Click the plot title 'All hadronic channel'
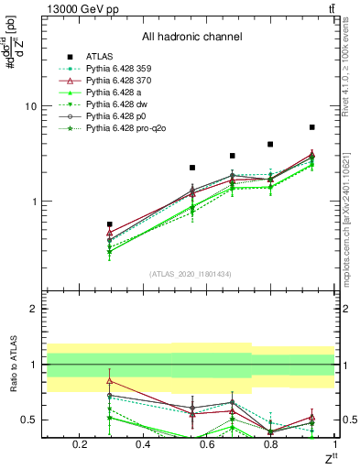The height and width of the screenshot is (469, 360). (x=191, y=37)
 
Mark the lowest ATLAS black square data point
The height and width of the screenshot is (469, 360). (x=110, y=224)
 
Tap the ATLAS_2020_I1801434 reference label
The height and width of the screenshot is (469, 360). (x=191, y=274)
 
